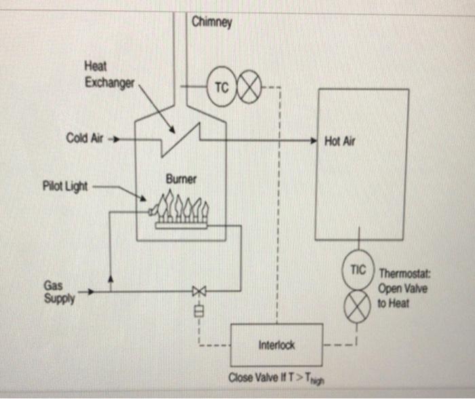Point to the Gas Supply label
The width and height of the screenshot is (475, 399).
(x=59, y=292)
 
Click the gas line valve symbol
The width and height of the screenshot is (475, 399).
(x=199, y=292)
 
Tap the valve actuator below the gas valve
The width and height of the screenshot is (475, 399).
(x=199, y=312)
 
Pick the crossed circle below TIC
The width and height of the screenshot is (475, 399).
(x=358, y=307)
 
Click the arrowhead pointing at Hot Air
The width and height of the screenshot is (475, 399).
(x=313, y=141)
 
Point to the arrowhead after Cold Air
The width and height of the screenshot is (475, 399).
(x=114, y=139)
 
